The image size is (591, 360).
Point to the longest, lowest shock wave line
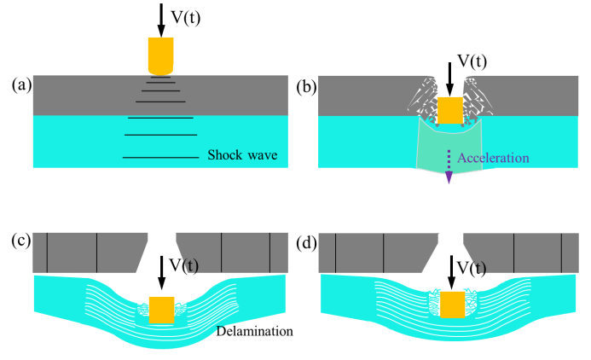160,157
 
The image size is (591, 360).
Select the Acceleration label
493,158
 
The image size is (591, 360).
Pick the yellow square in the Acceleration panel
449,111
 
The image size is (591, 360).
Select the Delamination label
253,331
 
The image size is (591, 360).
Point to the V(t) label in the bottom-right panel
473,269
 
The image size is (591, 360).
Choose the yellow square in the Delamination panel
161,310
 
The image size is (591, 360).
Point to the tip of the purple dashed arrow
449,182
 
